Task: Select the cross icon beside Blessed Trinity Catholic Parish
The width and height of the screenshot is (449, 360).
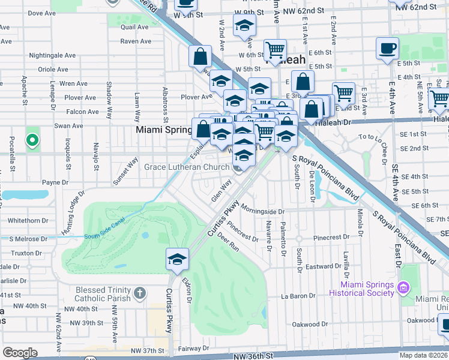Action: click(x=139, y=293)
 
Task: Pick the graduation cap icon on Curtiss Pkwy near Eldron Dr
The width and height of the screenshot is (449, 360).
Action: click(x=178, y=259)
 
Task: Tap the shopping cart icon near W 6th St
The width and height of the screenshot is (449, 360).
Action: click(x=275, y=50)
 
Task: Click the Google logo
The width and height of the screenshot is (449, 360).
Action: click(x=20, y=353)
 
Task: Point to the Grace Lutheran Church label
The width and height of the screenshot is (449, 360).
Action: click(x=187, y=167)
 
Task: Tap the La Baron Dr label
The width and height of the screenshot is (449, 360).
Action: click(x=298, y=296)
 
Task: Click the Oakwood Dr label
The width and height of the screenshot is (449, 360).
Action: click(x=310, y=324)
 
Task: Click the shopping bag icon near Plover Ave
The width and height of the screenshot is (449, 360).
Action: click(x=200, y=58)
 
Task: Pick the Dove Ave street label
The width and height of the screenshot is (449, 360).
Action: click(x=41, y=13)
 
